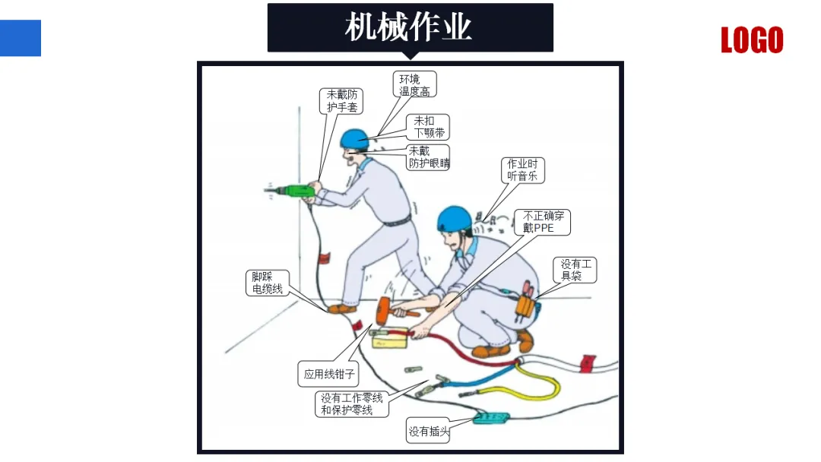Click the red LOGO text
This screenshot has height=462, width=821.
[752, 40]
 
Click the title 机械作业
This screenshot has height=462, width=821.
[408, 27]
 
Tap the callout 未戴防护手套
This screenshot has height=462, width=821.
[341, 100]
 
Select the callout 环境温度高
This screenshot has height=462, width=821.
[415, 84]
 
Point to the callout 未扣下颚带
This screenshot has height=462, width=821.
[428, 127]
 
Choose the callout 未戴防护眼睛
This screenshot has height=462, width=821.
[428, 157]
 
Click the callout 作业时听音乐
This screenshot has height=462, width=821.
[522, 170]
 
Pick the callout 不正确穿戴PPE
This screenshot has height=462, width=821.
[543, 222]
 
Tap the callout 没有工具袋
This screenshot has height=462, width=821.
[575, 270]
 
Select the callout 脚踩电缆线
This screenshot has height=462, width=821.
[268, 283]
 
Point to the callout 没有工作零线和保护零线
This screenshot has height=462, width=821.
[352, 404]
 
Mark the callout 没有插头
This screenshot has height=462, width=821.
[428, 431]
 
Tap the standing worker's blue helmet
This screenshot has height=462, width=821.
[355, 138]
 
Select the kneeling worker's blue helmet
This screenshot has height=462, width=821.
[454, 218]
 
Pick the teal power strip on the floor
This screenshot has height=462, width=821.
[491, 418]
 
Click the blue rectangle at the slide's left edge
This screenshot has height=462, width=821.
[21, 38]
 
